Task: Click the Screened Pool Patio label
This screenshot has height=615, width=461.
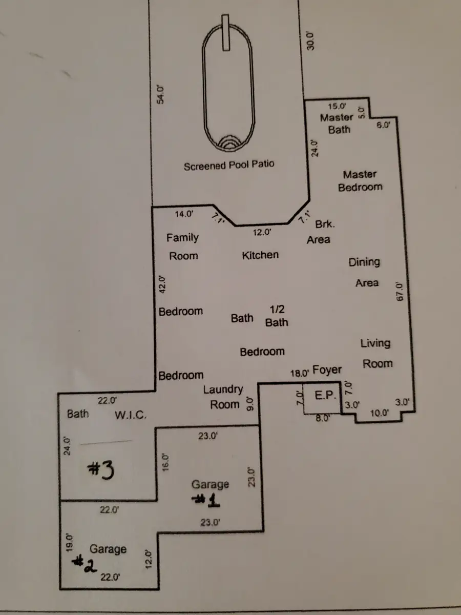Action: point(229,165)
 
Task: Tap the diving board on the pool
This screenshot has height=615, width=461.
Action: point(225,33)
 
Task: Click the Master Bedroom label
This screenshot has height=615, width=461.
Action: point(360,181)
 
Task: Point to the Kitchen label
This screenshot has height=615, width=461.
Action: point(260,255)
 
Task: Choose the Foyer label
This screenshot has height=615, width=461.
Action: point(327,370)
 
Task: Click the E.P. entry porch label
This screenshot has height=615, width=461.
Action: point(325,395)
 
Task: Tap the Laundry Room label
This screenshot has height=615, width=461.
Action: point(223,397)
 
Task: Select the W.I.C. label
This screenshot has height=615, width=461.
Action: point(131,415)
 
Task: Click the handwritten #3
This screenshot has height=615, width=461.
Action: point(101,470)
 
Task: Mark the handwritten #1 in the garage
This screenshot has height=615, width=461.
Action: point(206,501)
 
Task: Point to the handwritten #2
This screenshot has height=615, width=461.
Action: point(84,563)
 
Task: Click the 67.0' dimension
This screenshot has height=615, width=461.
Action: point(400,292)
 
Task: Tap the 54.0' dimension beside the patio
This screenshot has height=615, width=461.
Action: point(160,94)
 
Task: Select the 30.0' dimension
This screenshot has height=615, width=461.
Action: point(310,41)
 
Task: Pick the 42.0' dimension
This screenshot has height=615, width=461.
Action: point(162,284)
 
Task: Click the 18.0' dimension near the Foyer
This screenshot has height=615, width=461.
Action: point(300,373)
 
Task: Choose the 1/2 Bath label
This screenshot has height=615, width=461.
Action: point(277,316)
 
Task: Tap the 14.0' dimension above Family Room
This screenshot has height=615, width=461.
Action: point(184,214)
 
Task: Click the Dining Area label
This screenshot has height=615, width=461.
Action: point(364,272)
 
